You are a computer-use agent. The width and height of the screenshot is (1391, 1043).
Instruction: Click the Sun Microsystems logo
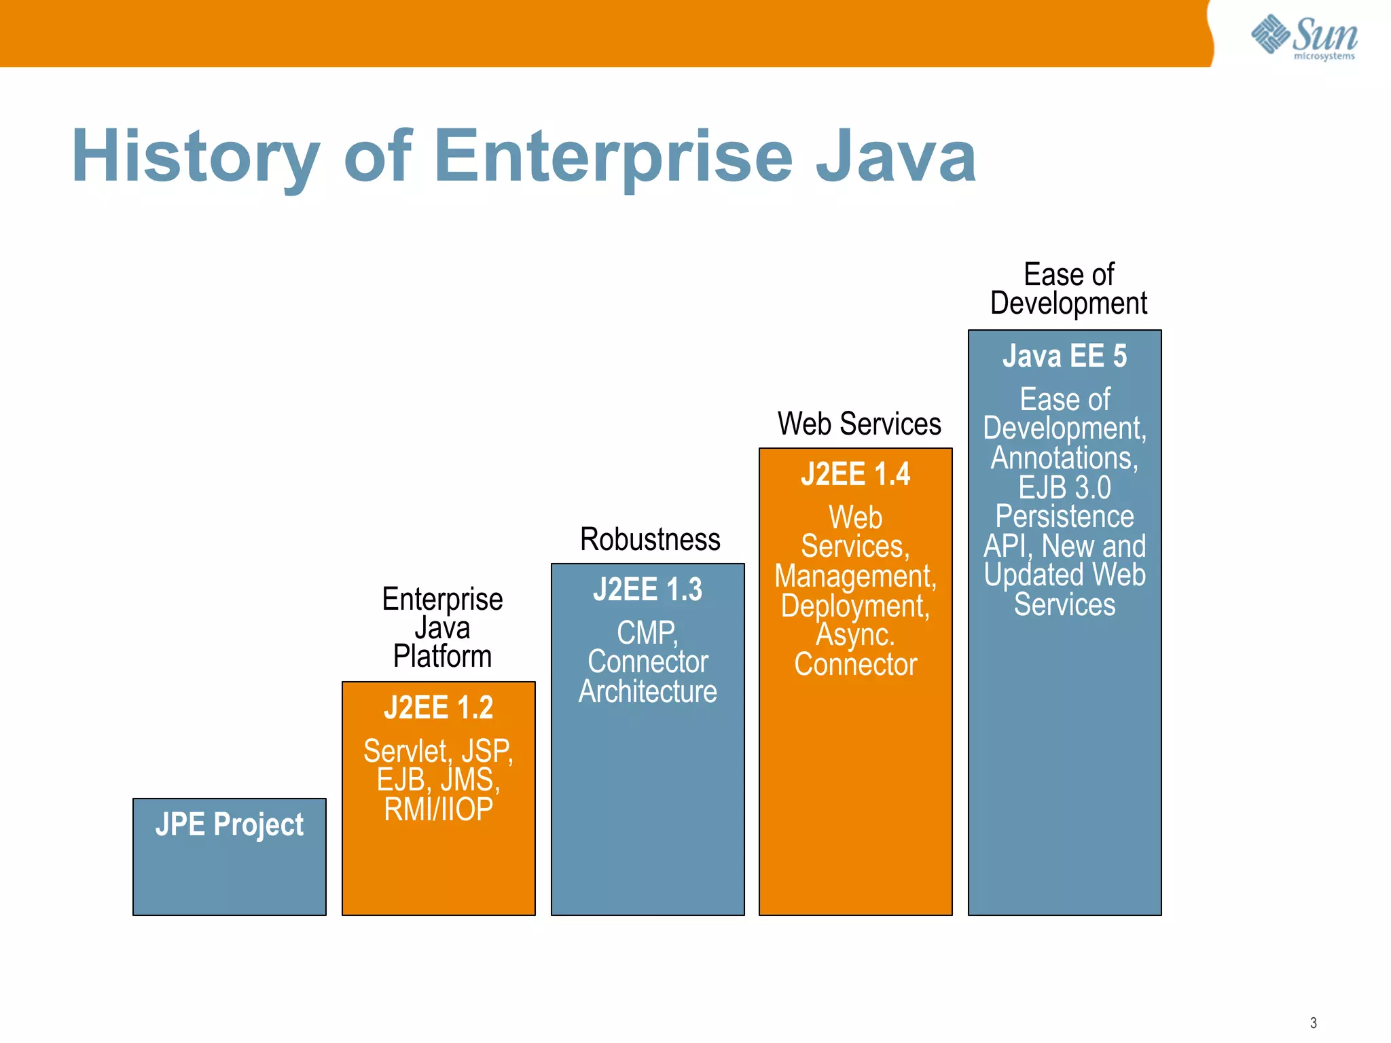(1304, 37)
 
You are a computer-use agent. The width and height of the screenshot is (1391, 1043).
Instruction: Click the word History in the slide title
(196, 158)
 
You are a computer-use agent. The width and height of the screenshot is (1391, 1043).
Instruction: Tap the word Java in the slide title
(895, 158)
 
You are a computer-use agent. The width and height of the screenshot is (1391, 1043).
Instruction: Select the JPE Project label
(229, 824)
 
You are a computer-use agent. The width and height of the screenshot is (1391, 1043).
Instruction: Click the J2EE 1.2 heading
(438, 708)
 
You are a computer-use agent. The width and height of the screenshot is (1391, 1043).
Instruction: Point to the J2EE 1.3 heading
(647, 589)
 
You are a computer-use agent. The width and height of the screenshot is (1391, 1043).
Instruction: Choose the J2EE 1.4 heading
(855, 474)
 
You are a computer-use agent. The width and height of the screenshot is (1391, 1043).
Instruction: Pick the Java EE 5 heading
(1064, 356)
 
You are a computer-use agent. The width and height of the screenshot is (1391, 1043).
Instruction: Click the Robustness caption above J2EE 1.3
(650, 540)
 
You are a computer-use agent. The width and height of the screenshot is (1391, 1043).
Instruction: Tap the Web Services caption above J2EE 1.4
(859, 424)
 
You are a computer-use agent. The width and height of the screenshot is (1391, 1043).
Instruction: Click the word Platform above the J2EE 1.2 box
(442, 657)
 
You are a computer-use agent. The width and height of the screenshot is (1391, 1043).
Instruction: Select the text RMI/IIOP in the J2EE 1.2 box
(438, 809)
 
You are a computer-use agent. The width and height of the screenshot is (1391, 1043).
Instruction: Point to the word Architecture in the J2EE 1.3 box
(647, 692)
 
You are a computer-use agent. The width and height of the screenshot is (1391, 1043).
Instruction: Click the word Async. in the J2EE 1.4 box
(855, 635)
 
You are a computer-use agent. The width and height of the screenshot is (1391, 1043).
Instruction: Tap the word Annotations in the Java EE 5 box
(1063, 458)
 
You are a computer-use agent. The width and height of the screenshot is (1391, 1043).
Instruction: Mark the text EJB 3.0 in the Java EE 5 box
(1064, 488)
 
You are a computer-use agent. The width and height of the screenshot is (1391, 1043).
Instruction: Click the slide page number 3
(1313, 1023)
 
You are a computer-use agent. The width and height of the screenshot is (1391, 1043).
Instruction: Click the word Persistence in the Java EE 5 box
(1064, 517)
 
